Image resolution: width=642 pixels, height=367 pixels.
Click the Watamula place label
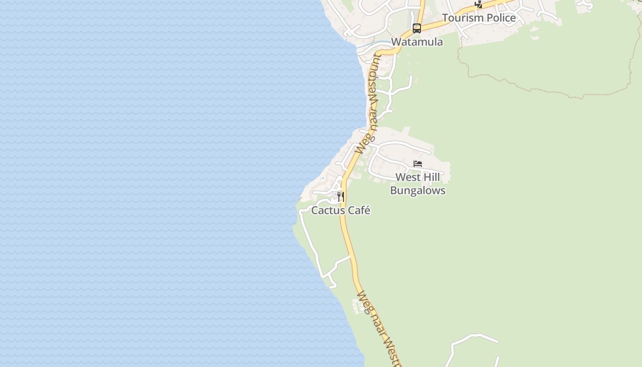pos(417,42)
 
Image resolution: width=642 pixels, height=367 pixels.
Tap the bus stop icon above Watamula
pos(416,28)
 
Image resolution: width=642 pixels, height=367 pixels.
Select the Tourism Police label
pos(479,18)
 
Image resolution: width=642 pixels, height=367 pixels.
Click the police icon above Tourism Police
pos(478,4)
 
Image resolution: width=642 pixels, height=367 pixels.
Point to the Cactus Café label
pos(340,211)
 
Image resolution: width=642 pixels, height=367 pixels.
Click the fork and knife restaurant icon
pos(341,197)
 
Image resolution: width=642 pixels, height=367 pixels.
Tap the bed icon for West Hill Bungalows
pos(417,164)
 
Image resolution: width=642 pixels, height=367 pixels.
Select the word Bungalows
pos(417,190)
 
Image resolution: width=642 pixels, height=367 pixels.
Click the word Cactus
pos(326,211)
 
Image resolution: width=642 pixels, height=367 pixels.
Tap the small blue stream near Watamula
pos(371,44)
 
